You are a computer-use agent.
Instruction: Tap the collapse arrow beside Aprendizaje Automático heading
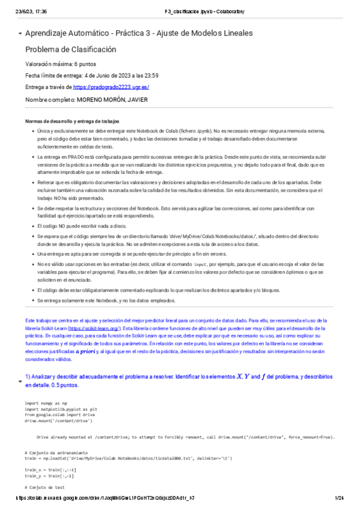pos(20,33)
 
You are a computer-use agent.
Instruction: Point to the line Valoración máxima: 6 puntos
pos(60,64)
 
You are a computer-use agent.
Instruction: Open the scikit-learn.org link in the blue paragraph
pos(94,329)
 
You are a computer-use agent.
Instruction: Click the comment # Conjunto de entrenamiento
pos(56,452)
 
